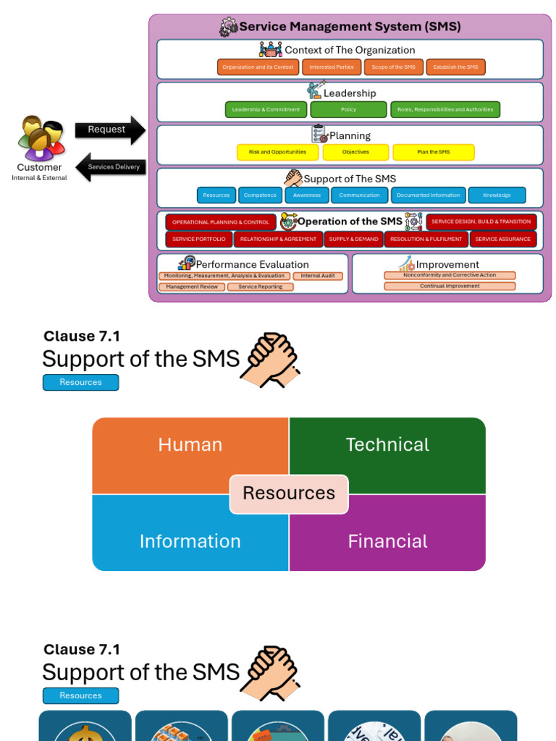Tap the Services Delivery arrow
[x=112, y=167]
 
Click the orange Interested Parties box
[x=332, y=67]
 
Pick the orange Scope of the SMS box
[x=394, y=67]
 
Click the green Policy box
[x=348, y=110]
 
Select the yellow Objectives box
[x=355, y=152]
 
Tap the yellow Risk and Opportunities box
[x=277, y=152]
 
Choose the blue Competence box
[x=260, y=195]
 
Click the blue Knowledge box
[x=497, y=195]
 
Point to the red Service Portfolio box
[x=198, y=239]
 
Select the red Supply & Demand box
[x=353, y=239]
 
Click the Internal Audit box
[x=318, y=276]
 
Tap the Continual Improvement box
[x=450, y=287]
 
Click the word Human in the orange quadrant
[x=190, y=444]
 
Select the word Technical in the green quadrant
[x=387, y=444]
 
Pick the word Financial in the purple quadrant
[x=387, y=541]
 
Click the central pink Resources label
[x=289, y=494]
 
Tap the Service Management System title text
[x=350, y=27]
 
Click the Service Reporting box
[x=261, y=287]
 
